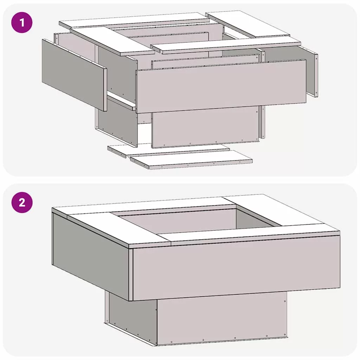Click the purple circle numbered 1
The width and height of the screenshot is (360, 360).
[22, 22]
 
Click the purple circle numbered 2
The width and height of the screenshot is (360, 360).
[22, 202]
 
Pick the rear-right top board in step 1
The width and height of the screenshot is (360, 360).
[248, 24]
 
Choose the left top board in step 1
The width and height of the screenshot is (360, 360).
[112, 41]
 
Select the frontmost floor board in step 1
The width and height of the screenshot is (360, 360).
[191, 160]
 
